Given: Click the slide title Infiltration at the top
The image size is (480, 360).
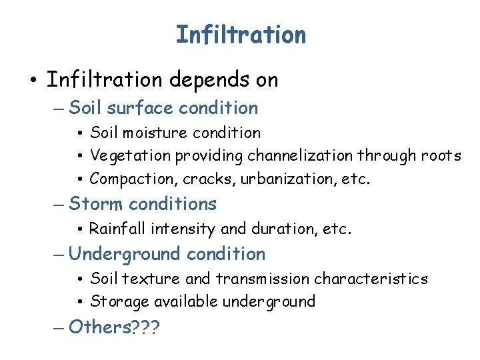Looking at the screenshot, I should (241, 35).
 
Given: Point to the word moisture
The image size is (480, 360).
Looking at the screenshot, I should (152, 133).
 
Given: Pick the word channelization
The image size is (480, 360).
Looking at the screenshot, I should (300, 156).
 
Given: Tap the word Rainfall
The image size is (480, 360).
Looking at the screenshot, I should (117, 229).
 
